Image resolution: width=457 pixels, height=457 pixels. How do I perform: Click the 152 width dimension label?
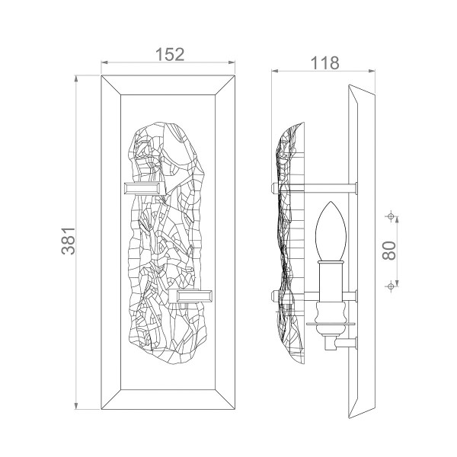[170, 54]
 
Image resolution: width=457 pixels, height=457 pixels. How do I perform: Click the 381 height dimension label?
[69, 241]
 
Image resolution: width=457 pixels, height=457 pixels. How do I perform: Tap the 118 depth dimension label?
[324, 63]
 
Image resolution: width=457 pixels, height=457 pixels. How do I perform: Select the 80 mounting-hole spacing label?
[389, 251]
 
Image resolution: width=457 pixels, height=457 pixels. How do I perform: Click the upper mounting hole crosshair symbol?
[391, 216]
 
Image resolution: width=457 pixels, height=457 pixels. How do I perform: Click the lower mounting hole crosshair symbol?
[391, 286]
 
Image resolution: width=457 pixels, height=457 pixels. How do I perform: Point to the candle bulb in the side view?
[331, 231]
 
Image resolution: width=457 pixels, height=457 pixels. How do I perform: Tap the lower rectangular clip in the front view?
[190, 296]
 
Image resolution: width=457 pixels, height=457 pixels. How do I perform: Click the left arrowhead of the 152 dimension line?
[104, 62]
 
